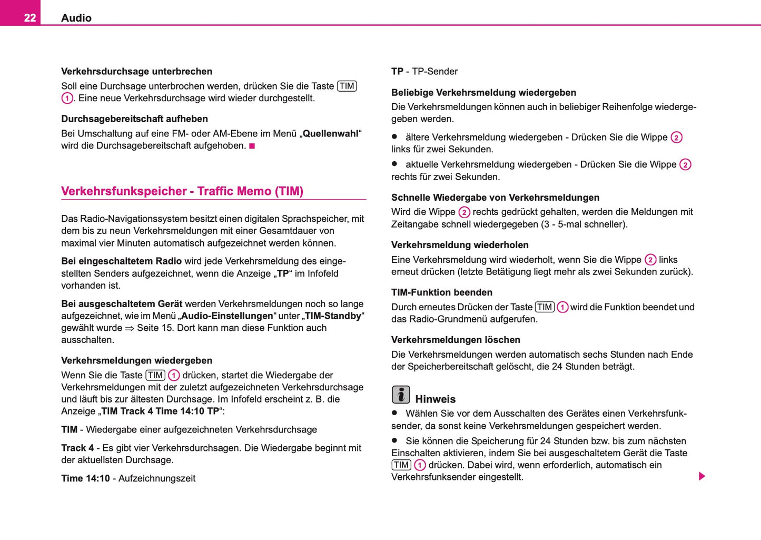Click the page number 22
point(29,18)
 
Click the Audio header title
point(76,18)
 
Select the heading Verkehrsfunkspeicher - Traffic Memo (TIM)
point(182,191)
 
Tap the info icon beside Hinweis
point(401,395)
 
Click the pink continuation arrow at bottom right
point(701,476)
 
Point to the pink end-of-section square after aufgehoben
point(252,146)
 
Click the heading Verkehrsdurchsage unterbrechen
point(136,72)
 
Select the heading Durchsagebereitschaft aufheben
point(134,119)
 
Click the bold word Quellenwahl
point(330,134)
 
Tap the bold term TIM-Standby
point(333,316)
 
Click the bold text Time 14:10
point(85,478)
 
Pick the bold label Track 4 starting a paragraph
point(77,448)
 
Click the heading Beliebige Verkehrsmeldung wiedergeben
point(483,93)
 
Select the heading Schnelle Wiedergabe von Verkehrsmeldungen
point(495,198)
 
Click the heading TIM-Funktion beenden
point(441,292)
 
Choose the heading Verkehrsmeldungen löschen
point(456,340)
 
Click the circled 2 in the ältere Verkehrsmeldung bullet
point(676,138)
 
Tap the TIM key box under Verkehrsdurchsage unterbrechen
point(347,86)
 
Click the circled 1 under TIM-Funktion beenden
point(562,307)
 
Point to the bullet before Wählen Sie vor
point(394,413)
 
